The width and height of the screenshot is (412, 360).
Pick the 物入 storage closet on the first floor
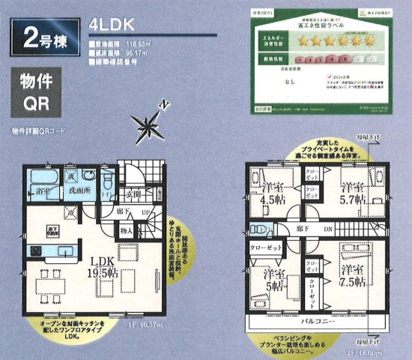pyautogui.click(x=127, y=232)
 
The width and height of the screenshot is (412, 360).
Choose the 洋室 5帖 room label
pyautogui.click(x=272, y=279)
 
